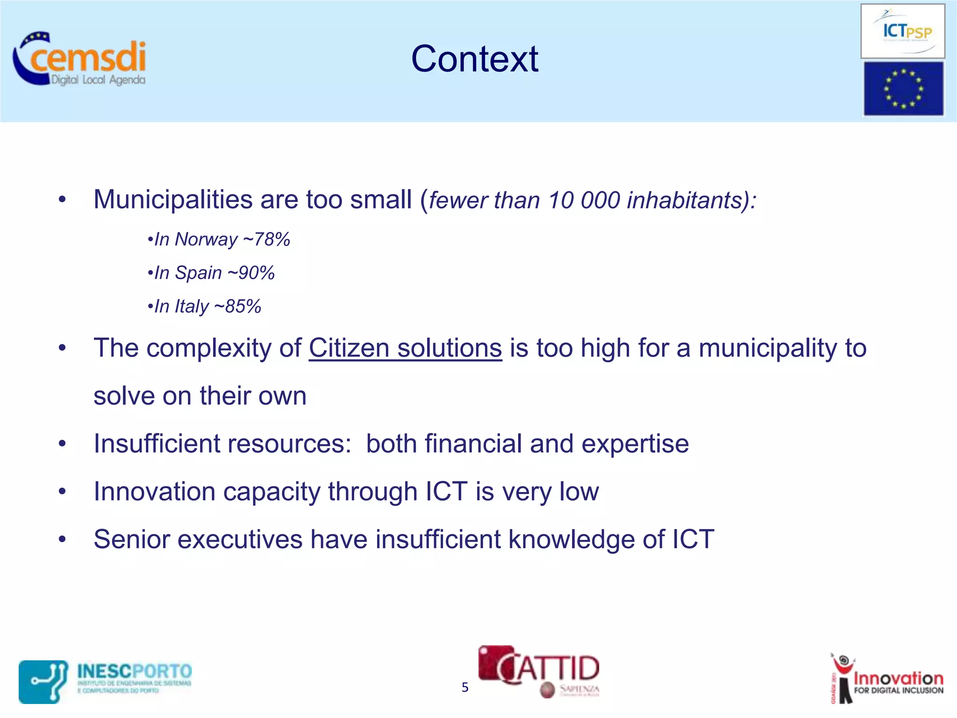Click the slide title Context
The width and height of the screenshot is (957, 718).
(474, 59)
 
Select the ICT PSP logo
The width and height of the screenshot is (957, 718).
(902, 31)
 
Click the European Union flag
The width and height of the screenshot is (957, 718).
(903, 89)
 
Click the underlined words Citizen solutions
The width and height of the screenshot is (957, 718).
(405, 349)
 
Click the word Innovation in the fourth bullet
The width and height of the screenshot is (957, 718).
(154, 492)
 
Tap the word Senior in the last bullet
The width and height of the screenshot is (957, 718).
(132, 539)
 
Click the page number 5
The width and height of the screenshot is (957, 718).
(464, 687)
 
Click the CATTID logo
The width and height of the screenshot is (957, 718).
(539, 671)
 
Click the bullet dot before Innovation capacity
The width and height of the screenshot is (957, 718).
(62, 492)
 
